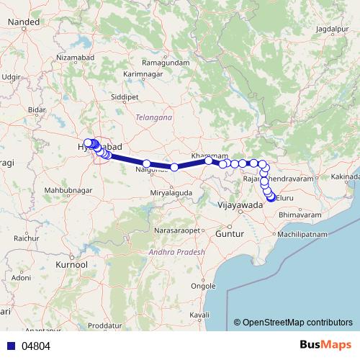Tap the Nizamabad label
click(76, 56)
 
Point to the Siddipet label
click(124, 95)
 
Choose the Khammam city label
click(210, 156)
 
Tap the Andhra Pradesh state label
click(176, 252)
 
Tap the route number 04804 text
click(35, 346)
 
